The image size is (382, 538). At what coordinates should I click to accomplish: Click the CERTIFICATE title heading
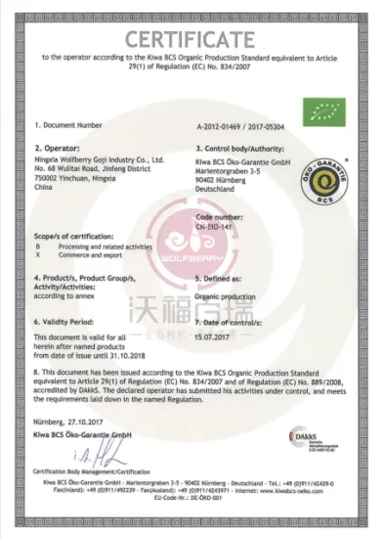point(191,37)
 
